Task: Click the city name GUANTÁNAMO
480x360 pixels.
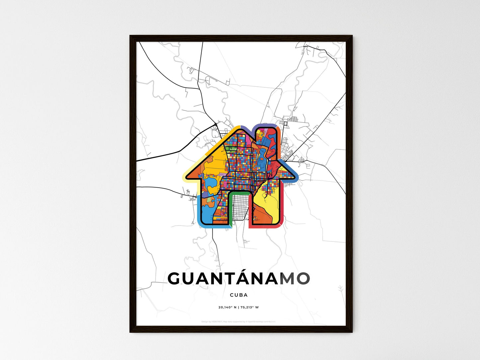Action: pyautogui.click(x=239, y=278)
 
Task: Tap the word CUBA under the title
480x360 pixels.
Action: pyautogui.click(x=239, y=295)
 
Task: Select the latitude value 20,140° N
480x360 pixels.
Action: pyautogui.click(x=227, y=307)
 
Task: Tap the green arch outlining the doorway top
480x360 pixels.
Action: pyautogui.click(x=239, y=193)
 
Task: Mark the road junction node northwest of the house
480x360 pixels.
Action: pyautogui.click(x=216, y=124)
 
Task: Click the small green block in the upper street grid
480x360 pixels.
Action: pyautogui.click(x=230, y=150)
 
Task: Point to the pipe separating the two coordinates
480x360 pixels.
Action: pyautogui.click(x=238, y=307)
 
